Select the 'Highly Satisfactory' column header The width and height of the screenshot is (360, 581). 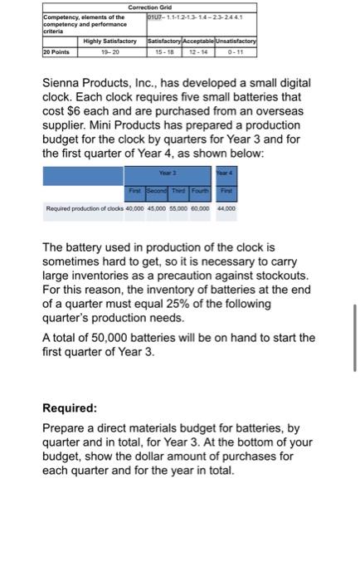(113, 40)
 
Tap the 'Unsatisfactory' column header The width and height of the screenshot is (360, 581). (239, 40)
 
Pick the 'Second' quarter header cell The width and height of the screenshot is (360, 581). (158, 189)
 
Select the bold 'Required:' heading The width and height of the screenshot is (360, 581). (70, 408)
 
